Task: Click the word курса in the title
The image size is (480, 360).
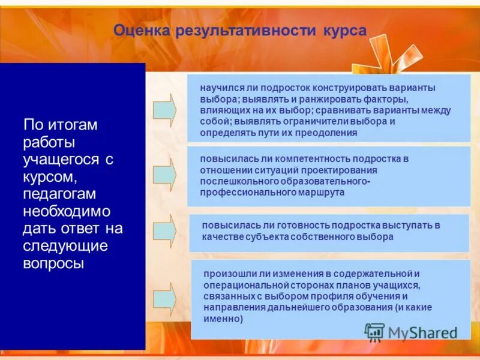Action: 344,31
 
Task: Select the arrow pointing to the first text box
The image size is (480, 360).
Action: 164,109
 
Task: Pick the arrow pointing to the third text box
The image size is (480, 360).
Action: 164,230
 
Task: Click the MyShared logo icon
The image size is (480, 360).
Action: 375,332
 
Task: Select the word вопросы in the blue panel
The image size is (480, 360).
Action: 53,263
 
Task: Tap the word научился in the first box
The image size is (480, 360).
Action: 218,88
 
